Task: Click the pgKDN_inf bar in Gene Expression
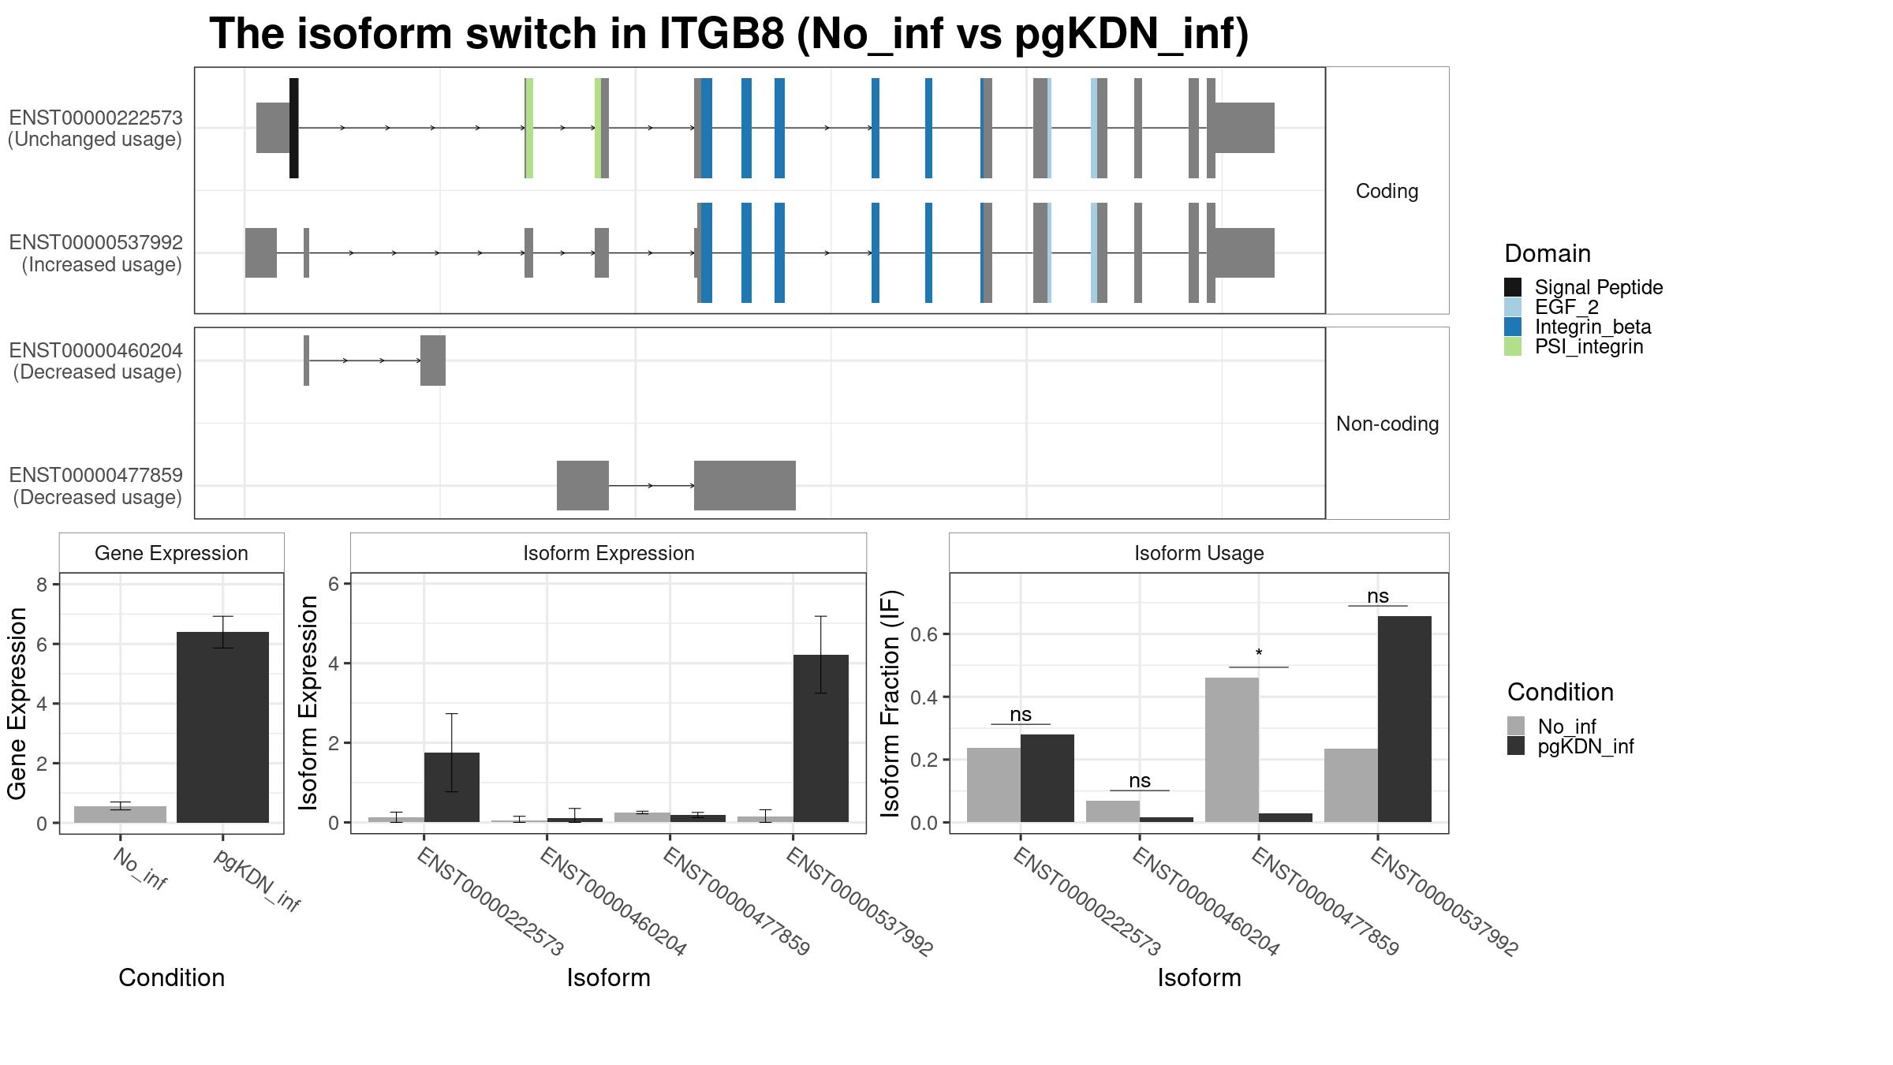222,727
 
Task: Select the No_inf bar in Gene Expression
120,814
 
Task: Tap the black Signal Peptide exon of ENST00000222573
293,128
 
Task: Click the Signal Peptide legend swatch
1513,287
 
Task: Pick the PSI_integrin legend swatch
1513,346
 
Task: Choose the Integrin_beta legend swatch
1513,327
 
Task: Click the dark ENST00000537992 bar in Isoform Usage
1404,719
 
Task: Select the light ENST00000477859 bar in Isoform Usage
1232,750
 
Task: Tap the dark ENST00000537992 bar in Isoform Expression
821,738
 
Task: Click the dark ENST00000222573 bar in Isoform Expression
452,787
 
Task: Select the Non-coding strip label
1387,424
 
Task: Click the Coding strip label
1387,191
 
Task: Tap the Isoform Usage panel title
1199,553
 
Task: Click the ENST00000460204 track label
95,350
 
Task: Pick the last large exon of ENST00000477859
745,485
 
